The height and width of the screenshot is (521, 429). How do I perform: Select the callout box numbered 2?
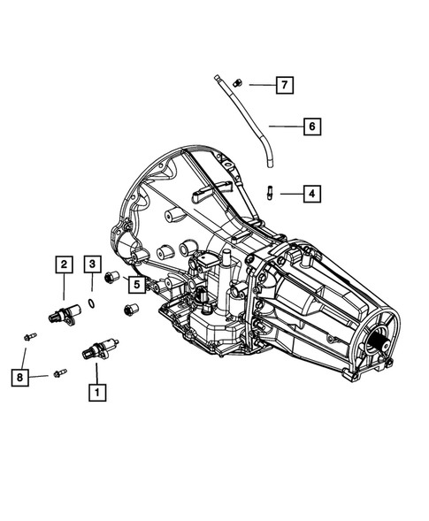point(65,263)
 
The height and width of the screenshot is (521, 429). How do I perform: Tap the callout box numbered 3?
point(93,263)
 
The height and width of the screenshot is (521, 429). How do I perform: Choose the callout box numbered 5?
point(136,283)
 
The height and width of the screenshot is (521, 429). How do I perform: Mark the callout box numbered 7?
point(283,85)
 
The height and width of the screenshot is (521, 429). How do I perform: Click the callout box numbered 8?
point(19,378)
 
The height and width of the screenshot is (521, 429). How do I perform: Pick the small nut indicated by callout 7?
point(237,82)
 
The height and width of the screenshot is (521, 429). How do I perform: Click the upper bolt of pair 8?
point(30,336)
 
